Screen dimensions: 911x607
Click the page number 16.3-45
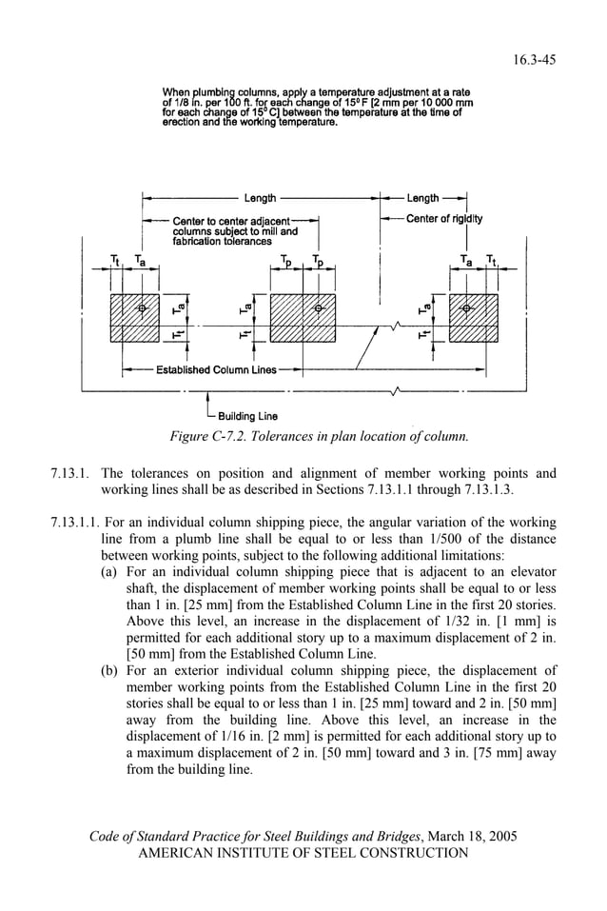(x=535, y=60)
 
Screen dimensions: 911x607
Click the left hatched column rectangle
(x=136, y=318)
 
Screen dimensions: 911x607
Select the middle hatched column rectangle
(x=303, y=318)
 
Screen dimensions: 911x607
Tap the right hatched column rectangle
(x=474, y=318)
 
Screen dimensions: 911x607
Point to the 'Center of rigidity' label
(x=443, y=219)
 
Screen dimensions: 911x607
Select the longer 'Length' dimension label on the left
(x=260, y=199)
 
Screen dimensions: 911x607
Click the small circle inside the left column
(x=143, y=308)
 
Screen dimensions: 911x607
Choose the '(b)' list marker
(x=111, y=671)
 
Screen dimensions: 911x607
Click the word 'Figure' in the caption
(x=188, y=437)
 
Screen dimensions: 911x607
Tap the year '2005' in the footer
(x=499, y=837)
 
